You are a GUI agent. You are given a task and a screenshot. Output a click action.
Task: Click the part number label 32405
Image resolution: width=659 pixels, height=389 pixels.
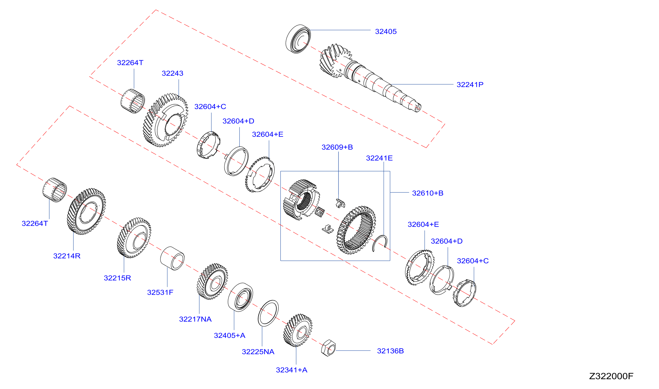386,31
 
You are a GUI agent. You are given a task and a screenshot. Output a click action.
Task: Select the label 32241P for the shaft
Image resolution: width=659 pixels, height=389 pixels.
470,85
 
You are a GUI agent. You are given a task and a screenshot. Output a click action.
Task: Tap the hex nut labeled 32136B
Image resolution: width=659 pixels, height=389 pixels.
328,348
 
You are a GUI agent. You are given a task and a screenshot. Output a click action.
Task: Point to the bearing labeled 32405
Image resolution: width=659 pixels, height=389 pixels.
298,39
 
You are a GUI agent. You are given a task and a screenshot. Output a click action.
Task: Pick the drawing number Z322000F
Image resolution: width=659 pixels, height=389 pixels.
611,376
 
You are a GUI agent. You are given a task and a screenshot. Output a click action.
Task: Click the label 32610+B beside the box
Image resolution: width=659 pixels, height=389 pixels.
428,193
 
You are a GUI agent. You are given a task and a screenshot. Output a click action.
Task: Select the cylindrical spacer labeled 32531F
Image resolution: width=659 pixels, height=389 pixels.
172,258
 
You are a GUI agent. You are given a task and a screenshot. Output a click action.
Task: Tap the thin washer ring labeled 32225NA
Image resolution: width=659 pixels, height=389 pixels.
268,313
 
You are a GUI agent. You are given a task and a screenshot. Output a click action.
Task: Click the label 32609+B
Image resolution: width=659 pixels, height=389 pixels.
337,147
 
